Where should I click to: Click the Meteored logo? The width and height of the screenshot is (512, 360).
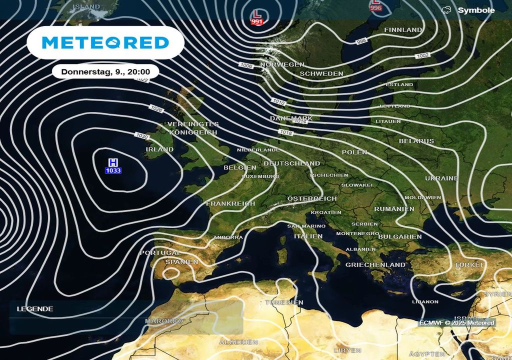pos(105,42)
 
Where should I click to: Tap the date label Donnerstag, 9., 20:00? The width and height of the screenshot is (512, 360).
pos(105,72)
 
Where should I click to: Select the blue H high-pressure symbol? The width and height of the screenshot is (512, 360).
pos(113,162)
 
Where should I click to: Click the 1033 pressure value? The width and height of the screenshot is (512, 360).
pos(113,171)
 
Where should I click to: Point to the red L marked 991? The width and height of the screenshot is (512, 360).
pos(257,13)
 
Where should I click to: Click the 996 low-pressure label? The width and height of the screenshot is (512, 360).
pos(375,7)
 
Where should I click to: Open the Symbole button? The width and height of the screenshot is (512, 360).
pos(469,10)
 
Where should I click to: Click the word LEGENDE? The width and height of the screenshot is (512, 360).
pos(35,309)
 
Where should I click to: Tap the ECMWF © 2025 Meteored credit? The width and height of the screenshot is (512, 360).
pos(457,323)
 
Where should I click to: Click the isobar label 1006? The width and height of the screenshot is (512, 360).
pos(246,65)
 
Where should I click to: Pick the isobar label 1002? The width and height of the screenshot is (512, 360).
pos(422,55)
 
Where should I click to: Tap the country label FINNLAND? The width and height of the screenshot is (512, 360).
pos(403,30)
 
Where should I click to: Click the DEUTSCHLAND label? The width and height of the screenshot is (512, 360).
pos(291,163)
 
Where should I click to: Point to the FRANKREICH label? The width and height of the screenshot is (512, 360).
pos(230,203)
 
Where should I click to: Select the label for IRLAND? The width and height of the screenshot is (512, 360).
pos(159,149)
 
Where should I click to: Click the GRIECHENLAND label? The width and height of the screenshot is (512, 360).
pos(375,264)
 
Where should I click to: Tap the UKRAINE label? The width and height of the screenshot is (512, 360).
pos(441,178)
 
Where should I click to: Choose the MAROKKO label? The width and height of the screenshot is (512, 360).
pos(164,321)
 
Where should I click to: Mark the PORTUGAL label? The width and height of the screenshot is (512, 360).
pos(160,253)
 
